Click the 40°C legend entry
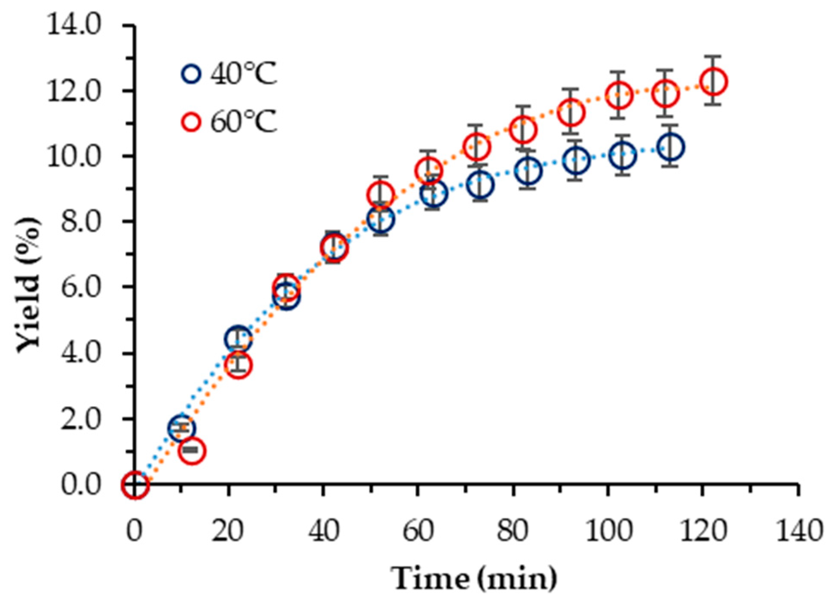tap(229, 74)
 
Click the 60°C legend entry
tap(229, 122)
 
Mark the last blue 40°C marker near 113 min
tap(671, 147)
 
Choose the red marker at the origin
tap(135, 485)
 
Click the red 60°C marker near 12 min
tap(192, 451)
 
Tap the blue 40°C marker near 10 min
tap(182, 428)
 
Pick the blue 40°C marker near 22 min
tap(238, 340)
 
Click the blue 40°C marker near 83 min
tap(529, 171)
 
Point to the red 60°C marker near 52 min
tap(380, 194)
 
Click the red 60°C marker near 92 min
tap(570, 112)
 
